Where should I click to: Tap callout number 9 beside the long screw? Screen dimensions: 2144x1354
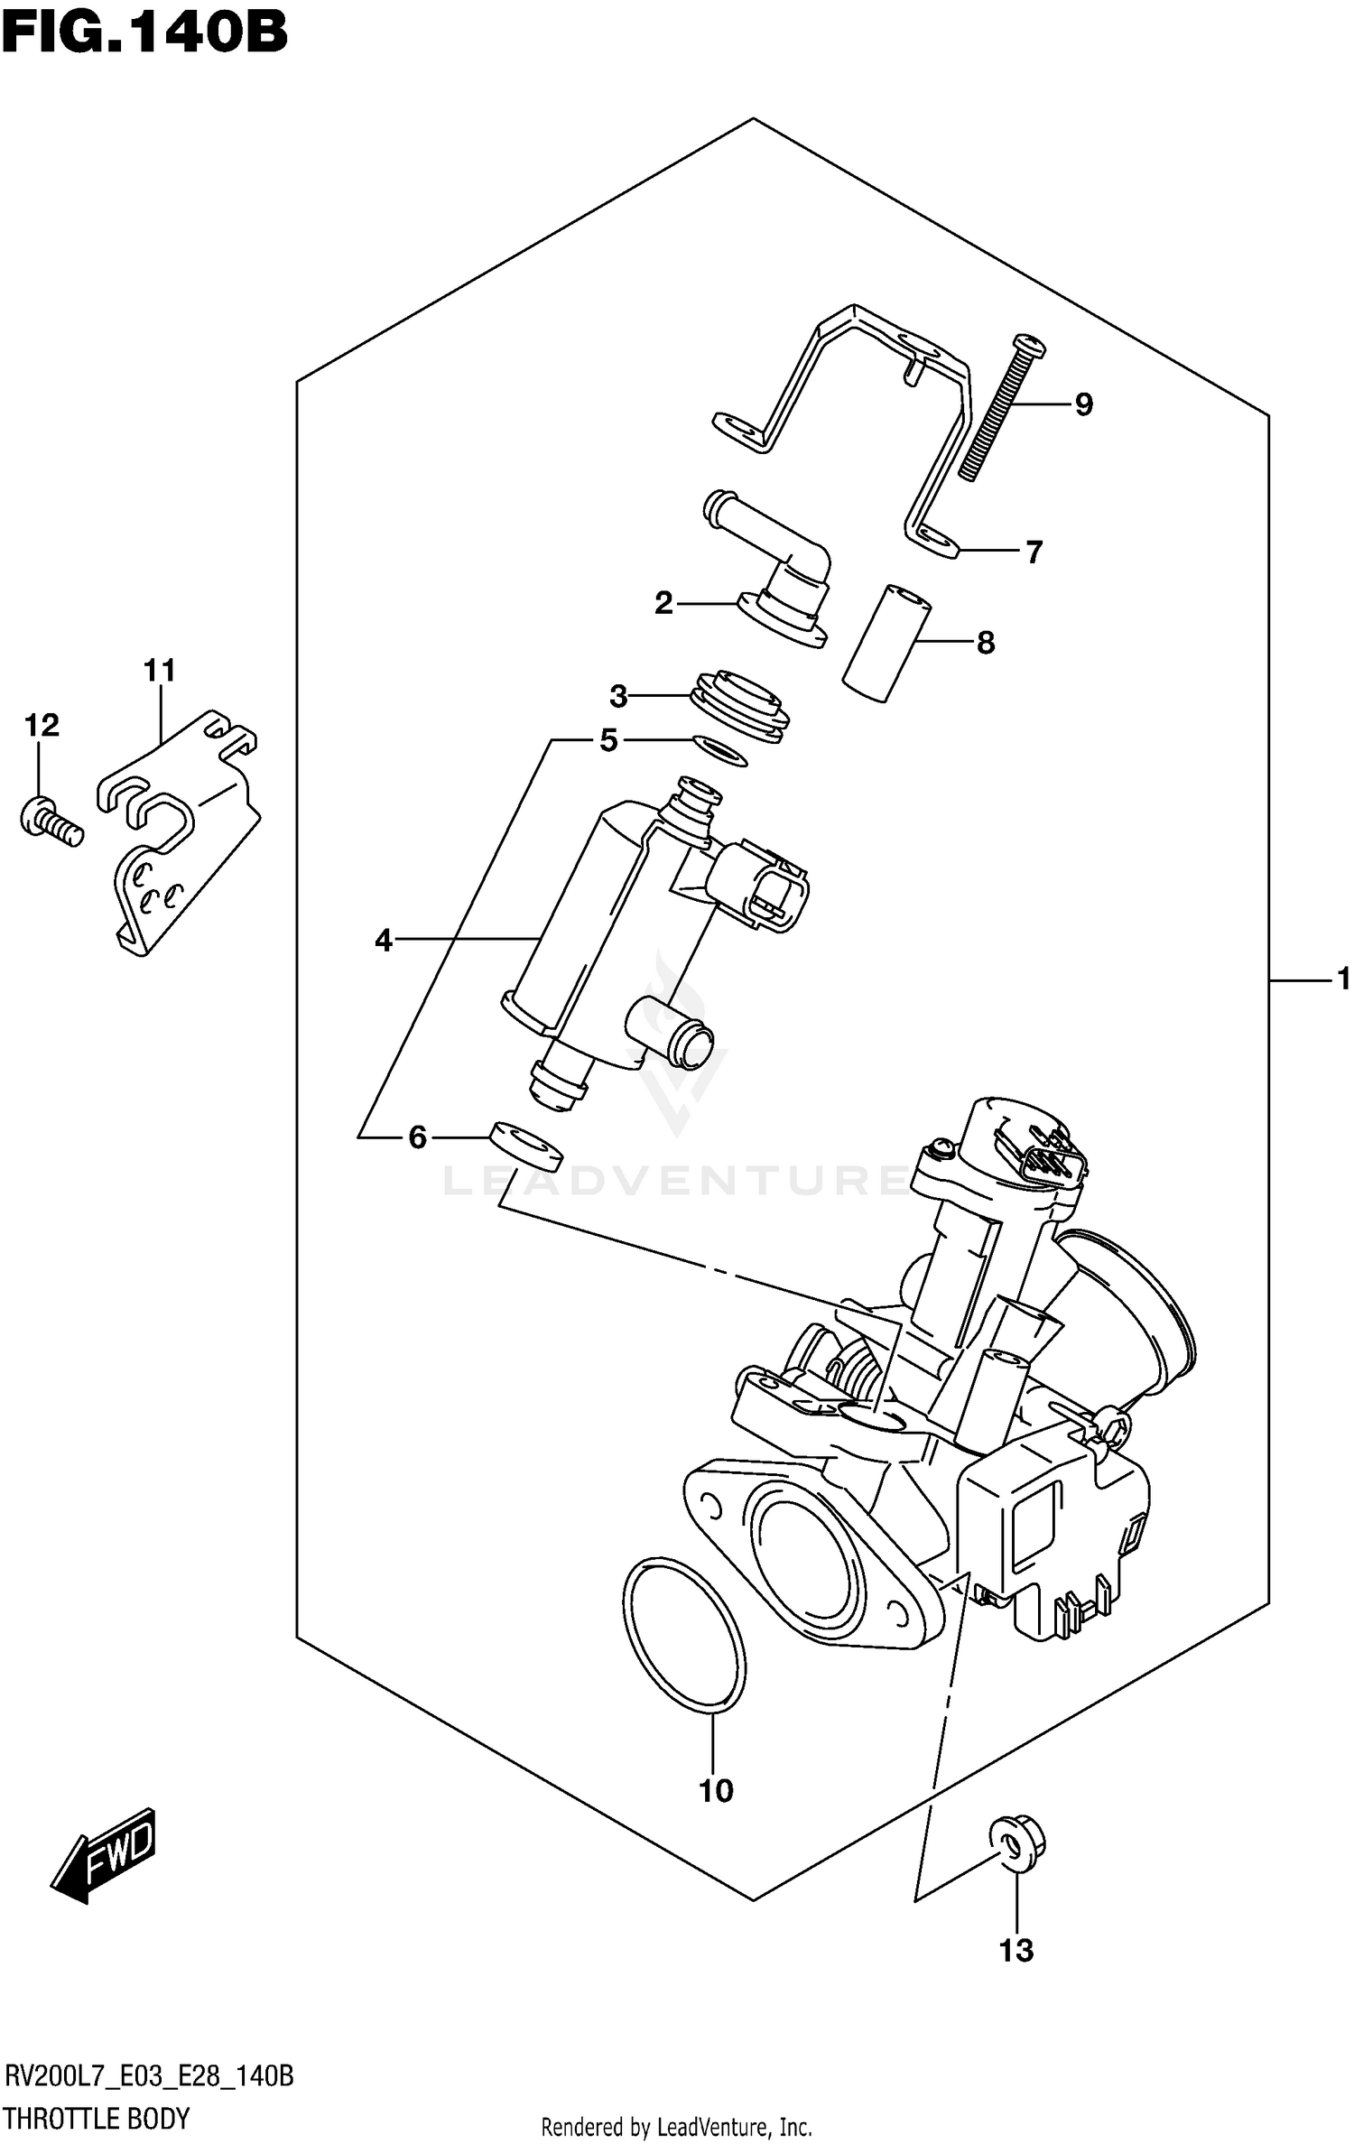point(1084,405)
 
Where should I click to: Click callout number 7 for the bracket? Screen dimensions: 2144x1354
point(1034,552)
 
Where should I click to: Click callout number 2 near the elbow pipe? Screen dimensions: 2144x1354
point(664,603)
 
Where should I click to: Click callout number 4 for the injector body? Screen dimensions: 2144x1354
point(385,941)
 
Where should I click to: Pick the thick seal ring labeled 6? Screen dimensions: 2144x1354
point(525,1145)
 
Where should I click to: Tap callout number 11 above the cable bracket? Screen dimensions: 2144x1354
point(160,671)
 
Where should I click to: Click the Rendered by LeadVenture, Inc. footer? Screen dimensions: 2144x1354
point(677,2121)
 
